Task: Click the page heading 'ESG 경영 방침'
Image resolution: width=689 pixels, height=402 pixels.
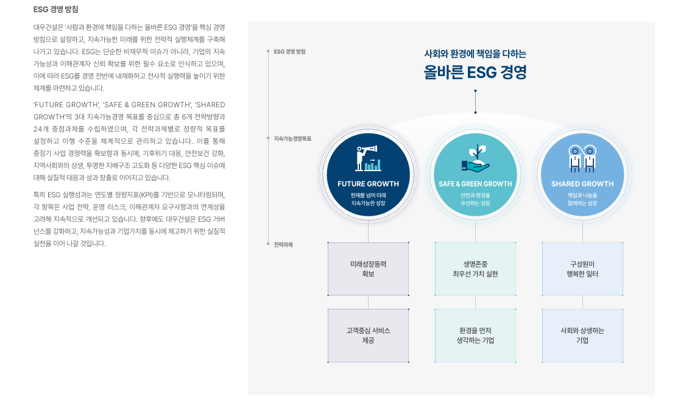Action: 55,10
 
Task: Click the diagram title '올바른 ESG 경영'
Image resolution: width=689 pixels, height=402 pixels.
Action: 475,72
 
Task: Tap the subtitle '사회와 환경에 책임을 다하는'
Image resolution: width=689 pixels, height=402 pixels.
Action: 475,54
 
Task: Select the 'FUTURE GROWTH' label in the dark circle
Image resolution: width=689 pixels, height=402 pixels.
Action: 368,184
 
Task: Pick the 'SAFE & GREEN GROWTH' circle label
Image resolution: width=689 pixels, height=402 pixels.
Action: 475,184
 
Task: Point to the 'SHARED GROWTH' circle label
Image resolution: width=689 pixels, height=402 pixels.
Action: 582,184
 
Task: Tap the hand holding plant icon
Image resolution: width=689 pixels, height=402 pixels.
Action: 475,158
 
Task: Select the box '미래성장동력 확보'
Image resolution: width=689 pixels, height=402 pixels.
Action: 368,269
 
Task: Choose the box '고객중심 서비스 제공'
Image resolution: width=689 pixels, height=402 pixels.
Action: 368,335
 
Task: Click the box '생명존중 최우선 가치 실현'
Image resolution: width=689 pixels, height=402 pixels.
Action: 475,269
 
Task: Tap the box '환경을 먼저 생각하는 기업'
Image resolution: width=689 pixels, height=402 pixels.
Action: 475,335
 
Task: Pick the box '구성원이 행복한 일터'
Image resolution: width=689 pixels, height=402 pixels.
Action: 582,269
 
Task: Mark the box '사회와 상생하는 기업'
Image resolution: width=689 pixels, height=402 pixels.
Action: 582,335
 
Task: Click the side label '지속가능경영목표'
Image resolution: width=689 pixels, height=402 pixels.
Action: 292,139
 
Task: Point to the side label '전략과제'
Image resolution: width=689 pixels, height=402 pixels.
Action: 283,244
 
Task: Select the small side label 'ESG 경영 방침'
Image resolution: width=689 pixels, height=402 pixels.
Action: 289,51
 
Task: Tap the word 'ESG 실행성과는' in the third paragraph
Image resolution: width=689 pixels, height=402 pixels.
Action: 66,195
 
